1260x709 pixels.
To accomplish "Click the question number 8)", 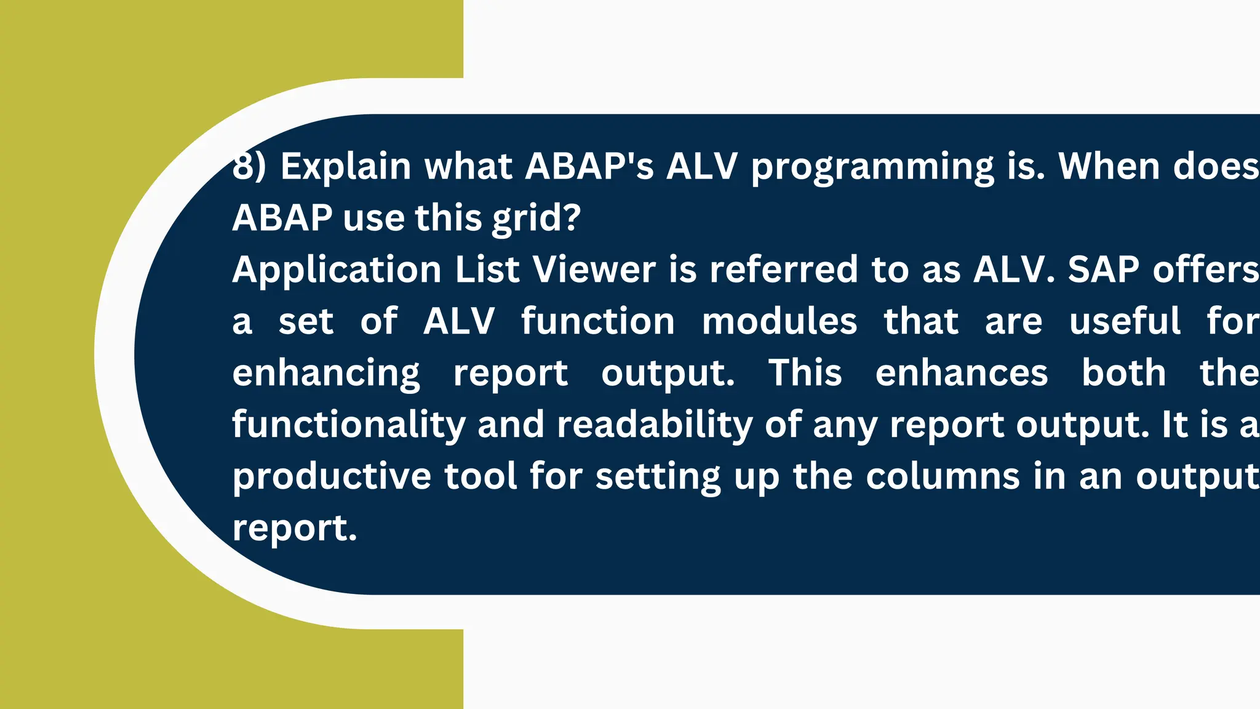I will [x=249, y=166].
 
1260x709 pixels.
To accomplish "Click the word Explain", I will [x=345, y=166].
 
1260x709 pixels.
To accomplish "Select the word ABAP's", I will [x=589, y=166].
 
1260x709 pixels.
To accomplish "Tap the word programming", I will [x=872, y=167].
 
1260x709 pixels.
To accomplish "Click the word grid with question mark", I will [x=536, y=218].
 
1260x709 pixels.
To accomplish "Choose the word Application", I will [x=337, y=271].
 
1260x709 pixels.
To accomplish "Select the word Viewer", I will [x=594, y=270].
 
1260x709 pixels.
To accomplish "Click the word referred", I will [x=783, y=270].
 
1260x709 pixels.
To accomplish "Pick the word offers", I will [x=1206, y=270].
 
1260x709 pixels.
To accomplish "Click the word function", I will [x=597, y=321].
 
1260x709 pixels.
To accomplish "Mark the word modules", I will [x=779, y=321].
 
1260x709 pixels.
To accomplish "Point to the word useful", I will [x=1125, y=321].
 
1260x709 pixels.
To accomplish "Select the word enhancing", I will [x=326, y=374].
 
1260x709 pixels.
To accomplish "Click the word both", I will [x=1123, y=373].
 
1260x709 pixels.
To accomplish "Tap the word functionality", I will [x=349, y=425].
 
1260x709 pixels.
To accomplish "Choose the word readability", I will [x=655, y=425].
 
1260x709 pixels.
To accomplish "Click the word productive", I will [x=332, y=476].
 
